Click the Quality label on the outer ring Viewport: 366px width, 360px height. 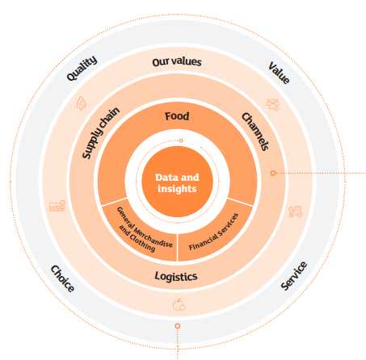82,69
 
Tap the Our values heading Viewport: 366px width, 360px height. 177,62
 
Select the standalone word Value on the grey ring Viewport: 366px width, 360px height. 279,73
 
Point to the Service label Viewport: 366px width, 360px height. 293,276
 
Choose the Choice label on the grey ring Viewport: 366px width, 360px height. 62,278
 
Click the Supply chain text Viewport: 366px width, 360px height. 100,132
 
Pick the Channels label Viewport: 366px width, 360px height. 255,132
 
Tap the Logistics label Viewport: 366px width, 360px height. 176,276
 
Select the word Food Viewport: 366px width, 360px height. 177,116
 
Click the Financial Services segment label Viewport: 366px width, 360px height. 213,232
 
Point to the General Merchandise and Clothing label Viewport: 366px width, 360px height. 145,230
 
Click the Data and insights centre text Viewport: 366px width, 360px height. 177,183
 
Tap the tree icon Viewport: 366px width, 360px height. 82,103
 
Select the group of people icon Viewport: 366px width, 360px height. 272,104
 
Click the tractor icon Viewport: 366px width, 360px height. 296,211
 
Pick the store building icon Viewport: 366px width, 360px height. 57,206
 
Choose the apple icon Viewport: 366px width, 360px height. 179,304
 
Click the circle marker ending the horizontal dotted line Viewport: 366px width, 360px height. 273,173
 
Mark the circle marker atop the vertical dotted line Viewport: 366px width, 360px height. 177,326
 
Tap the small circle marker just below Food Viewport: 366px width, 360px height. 181,140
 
